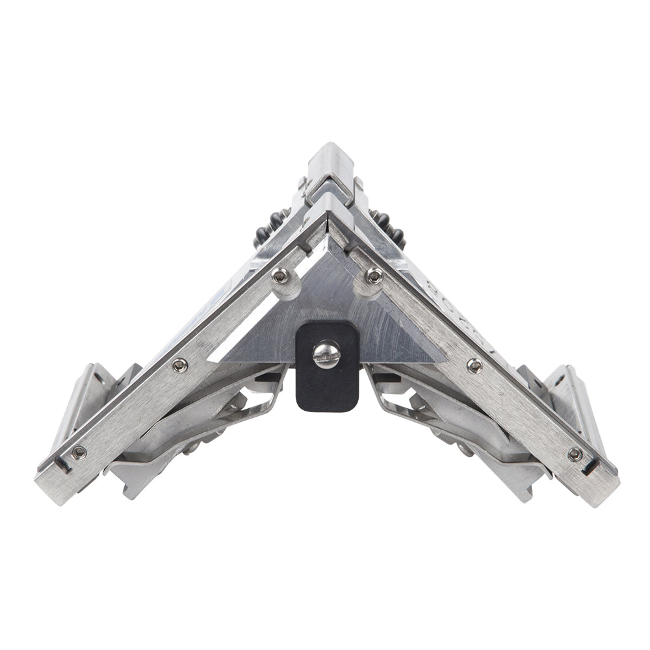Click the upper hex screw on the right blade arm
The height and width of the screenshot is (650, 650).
click(372, 276)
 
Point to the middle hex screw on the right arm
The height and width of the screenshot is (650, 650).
click(474, 367)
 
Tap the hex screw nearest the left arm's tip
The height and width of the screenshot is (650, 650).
click(79, 452)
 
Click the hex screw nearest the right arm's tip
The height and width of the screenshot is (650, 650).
click(575, 454)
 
